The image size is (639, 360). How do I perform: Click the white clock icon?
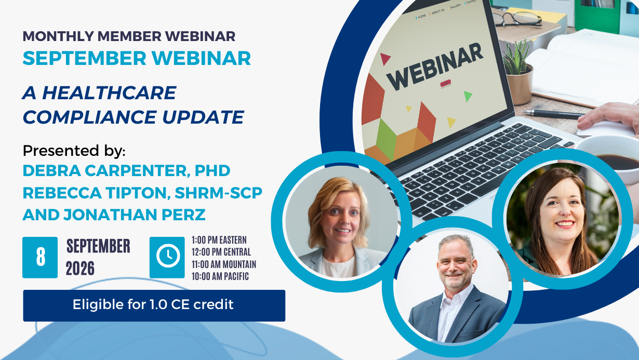click(x=168, y=256)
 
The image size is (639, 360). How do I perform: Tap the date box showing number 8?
click(x=40, y=257)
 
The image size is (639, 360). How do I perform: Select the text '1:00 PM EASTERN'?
click(x=219, y=240)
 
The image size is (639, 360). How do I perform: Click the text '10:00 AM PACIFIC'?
click(x=220, y=276)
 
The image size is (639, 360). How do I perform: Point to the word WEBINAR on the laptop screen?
click(x=434, y=66)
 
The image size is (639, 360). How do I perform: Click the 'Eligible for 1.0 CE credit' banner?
click(x=154, y=305)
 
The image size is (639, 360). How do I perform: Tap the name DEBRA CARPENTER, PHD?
click(x=126, y=170)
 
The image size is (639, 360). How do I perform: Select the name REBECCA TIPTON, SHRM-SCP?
click(x=142, y=193)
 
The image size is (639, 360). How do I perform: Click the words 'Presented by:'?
click(x=74, y=150)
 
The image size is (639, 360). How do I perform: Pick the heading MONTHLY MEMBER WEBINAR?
click(x=129, y=36)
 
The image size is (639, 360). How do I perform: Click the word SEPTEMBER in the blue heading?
click(x=85, y=58)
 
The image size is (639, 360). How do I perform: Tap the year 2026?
click(x=80, y=268)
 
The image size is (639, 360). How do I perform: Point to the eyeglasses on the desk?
click(x=516, y=18)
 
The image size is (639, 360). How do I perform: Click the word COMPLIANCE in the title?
click(x=89, y=117)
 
